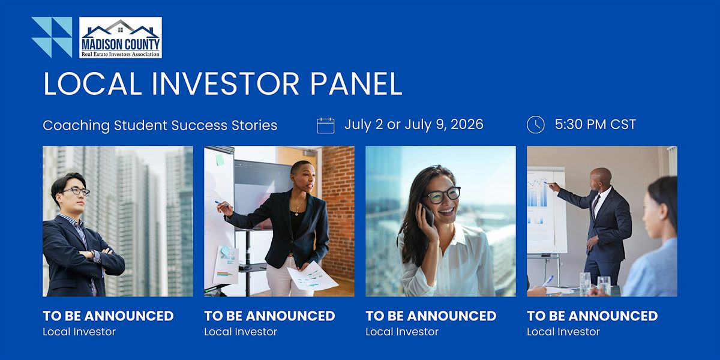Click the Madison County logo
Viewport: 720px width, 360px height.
point(121,38)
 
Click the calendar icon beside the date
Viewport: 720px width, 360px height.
point(326,125)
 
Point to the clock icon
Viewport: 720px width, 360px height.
point(535,125)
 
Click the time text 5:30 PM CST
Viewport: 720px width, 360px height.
point(595,124)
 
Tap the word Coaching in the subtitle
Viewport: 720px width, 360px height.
point(76,125)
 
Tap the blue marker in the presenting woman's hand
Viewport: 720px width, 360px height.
point(222,203)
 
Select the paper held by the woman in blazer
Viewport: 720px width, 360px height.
point(312,277)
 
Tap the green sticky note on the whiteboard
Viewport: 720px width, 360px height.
point(220,160)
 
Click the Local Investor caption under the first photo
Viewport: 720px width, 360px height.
point(79,332)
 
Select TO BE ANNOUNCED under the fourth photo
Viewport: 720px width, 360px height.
point(592,316)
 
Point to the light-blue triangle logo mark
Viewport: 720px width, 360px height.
point(52,37)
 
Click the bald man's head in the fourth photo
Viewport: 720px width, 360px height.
point(600,179)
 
